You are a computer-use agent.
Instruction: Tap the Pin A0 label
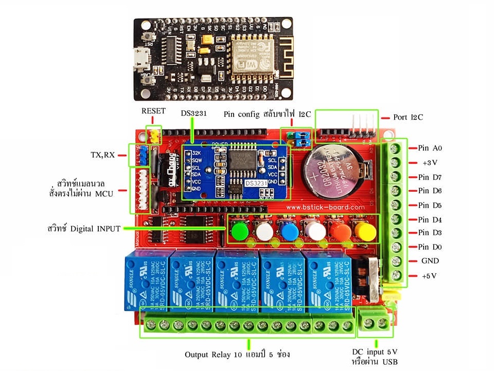430,148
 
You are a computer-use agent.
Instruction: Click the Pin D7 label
430,177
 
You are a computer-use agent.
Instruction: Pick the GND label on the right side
430,261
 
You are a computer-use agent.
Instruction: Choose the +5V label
429,276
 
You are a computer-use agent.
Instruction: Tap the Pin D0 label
430,247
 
